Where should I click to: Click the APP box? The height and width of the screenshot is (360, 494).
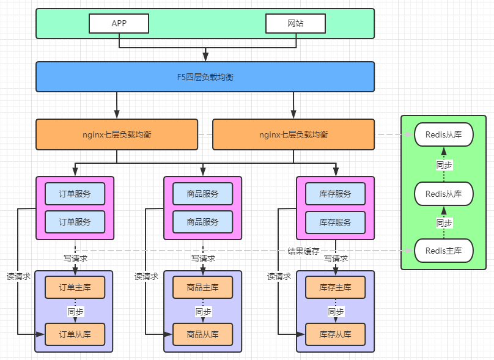coord(119,23)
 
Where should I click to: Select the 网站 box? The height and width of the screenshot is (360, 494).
coord(295,23)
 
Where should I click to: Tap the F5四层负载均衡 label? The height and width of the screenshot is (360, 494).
coord(205,77)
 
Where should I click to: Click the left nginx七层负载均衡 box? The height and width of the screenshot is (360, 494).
coord(117,134)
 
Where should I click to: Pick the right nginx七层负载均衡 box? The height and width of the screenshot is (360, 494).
coord(293,134)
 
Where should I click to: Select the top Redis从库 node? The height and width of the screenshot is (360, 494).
coord(444,134)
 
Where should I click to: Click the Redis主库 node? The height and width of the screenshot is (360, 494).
coord(444,251)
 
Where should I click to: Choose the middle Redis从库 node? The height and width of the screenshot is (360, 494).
coord(444,193)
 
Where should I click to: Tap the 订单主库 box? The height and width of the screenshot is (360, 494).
coord(75,287)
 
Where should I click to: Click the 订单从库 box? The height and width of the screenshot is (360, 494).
coord(75,334)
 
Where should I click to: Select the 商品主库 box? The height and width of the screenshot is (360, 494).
coord(203,287)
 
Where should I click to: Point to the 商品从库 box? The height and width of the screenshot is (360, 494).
coord(203,334)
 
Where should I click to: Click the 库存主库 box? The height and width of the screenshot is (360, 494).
coord(336,287)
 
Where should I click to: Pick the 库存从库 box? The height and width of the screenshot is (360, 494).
coord(336,334)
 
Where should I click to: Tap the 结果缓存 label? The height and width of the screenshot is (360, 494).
coord(303,251)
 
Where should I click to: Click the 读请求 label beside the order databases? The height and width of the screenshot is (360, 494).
coord(18,276)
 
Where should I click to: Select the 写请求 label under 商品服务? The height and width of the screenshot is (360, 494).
coord(203,259)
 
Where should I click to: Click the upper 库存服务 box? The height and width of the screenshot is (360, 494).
coord(336,194)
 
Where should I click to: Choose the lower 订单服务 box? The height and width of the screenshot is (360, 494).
coord(75,222)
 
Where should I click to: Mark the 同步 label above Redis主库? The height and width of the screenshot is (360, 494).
coord(444,223)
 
